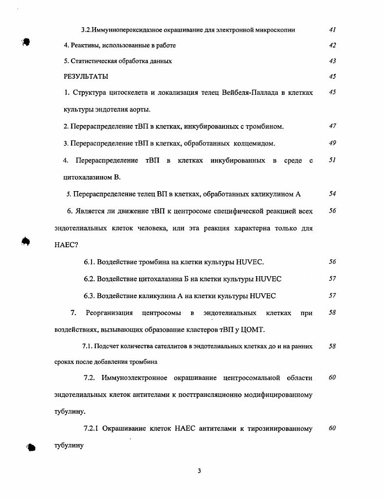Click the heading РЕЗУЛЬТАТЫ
click(86, 77)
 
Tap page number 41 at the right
click(332, 30)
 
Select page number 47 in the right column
click(332, 126)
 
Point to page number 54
click(332, 194)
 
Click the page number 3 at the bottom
click(200, 470)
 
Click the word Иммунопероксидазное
click(124, 30)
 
